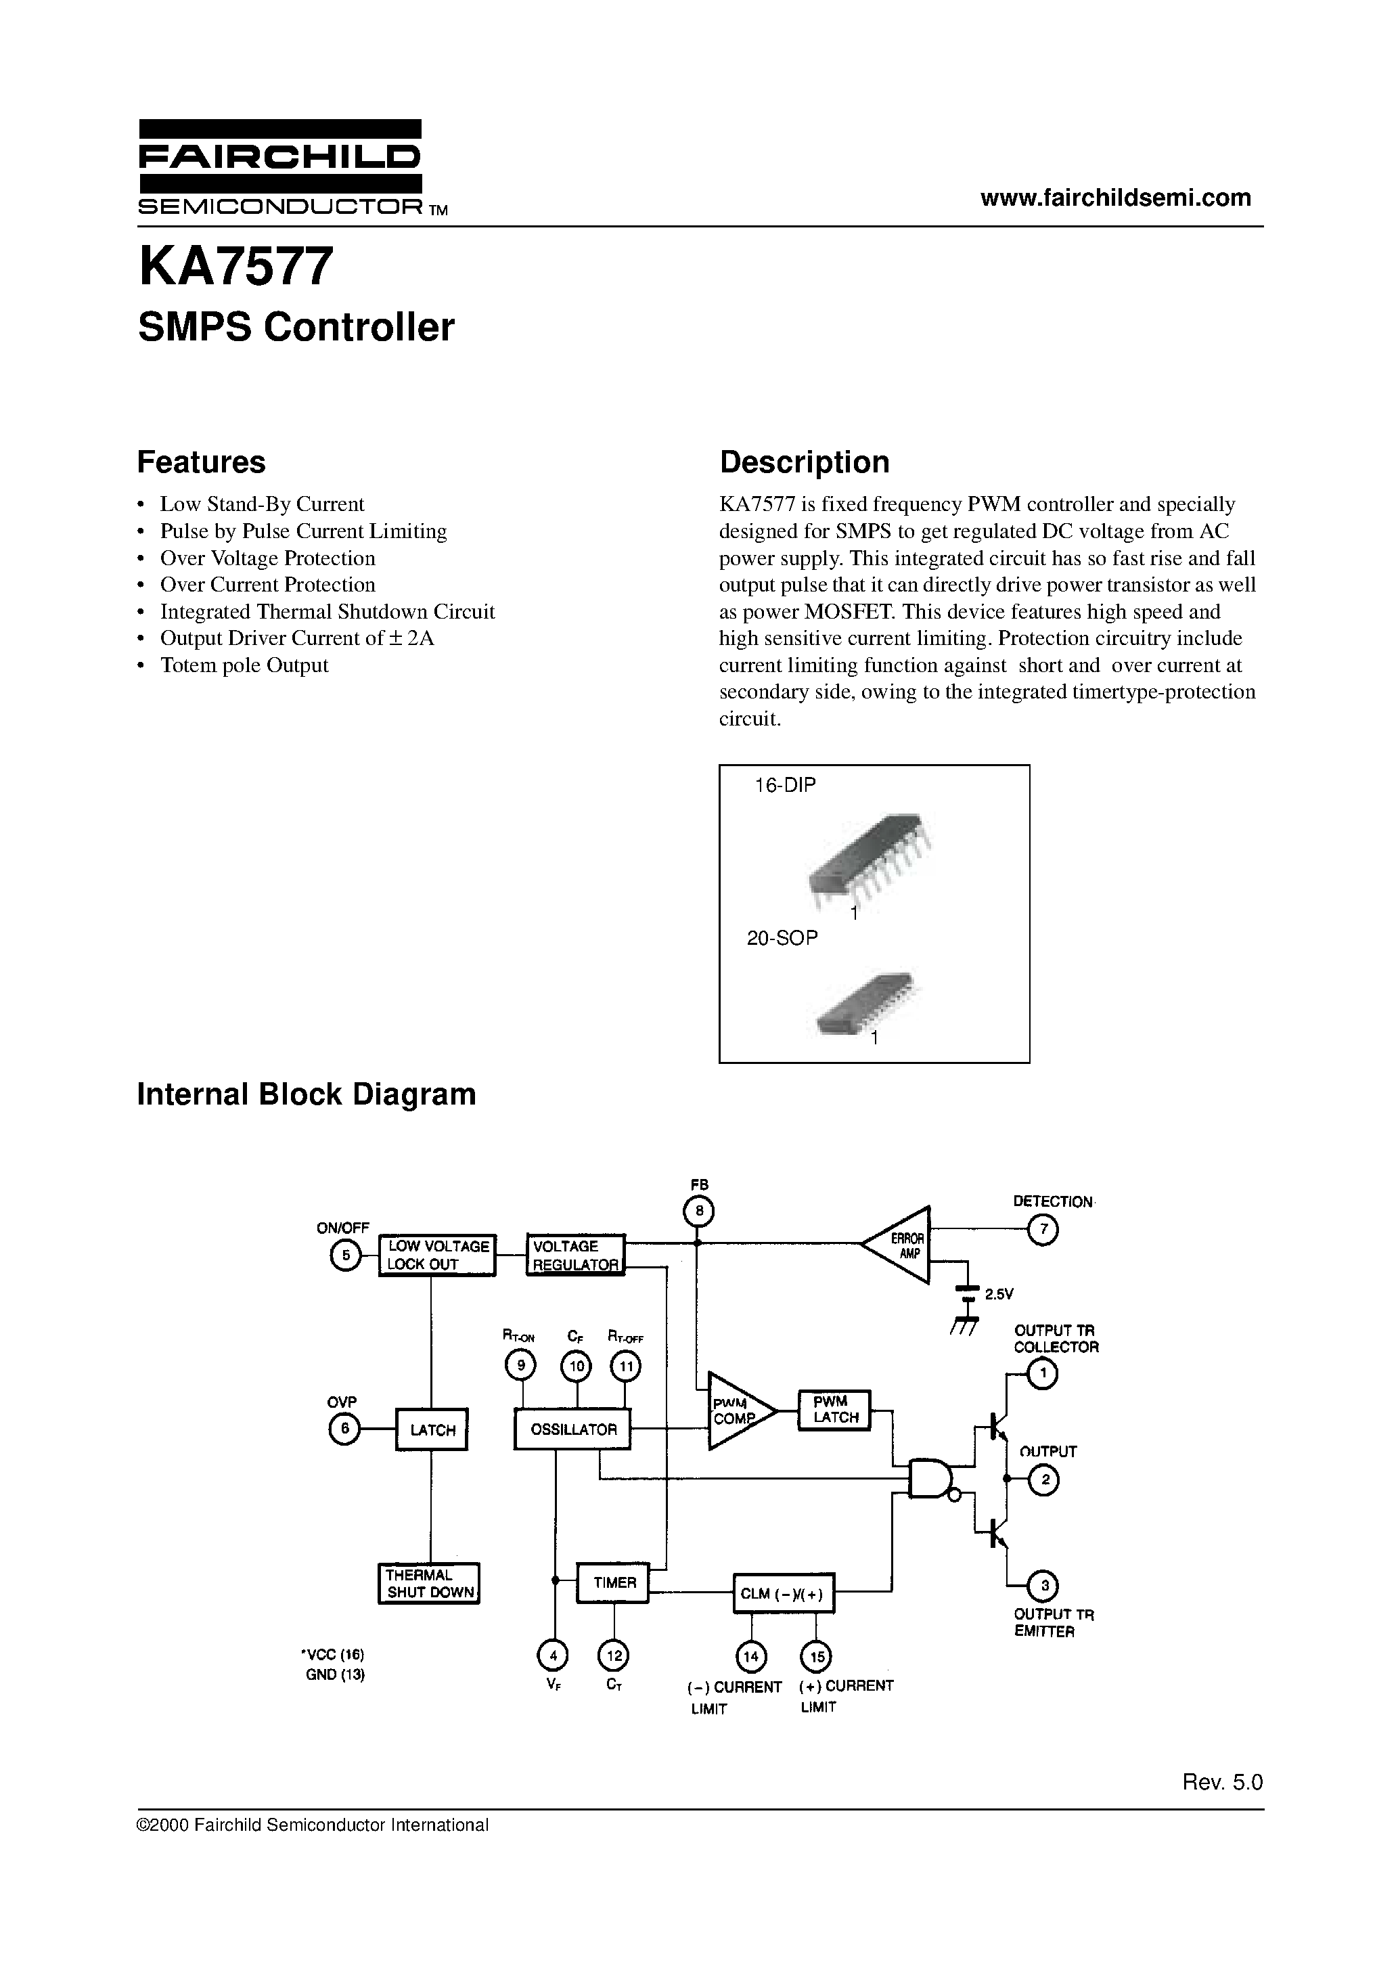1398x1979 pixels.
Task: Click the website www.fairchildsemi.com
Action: (x=1114, y=198)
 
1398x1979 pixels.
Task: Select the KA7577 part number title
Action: (x=235, y=267)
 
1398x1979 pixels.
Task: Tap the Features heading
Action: (x=201, y=462)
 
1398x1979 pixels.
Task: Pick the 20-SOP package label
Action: (x=781, y=938)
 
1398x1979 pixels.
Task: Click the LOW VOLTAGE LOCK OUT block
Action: (x=437, y=1255)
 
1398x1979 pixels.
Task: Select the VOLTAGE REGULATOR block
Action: (x=575, y=1255)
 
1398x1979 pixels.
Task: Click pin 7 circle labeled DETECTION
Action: (x=1043, y=1229)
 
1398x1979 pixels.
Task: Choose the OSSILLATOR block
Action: (x=572, y=1429)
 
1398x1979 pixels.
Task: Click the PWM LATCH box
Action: (x=834, y=1410)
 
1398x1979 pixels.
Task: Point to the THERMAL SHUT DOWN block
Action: (x=429, y=1583)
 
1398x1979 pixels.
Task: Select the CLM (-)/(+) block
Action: (x=783, y=1594)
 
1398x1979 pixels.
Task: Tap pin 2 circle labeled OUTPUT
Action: (x=1045, y=1481)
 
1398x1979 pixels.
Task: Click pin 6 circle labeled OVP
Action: (x=344, y=1429)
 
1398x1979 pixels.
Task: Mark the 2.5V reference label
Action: (x=1000, y=1294)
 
